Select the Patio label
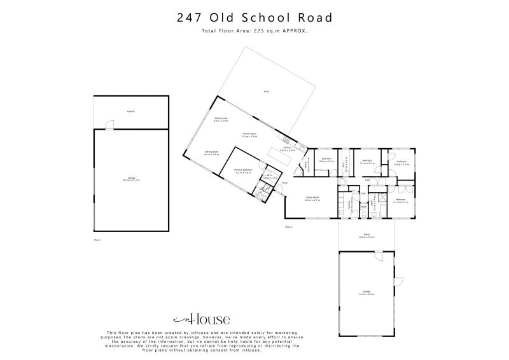(x=267, y=92)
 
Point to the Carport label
(x=130, y=111)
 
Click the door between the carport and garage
(x=110, y=127)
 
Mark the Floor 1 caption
(x=97, y=240)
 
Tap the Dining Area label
(x=221, y=119)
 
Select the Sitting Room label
(x=211, y=153)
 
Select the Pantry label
(x=307, y=167)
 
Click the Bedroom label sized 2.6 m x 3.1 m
(x=326, y=160)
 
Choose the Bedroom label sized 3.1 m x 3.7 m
(x=401, y=201)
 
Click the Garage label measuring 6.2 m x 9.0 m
(x=366, y=293)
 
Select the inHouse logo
(x=202, y=319)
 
